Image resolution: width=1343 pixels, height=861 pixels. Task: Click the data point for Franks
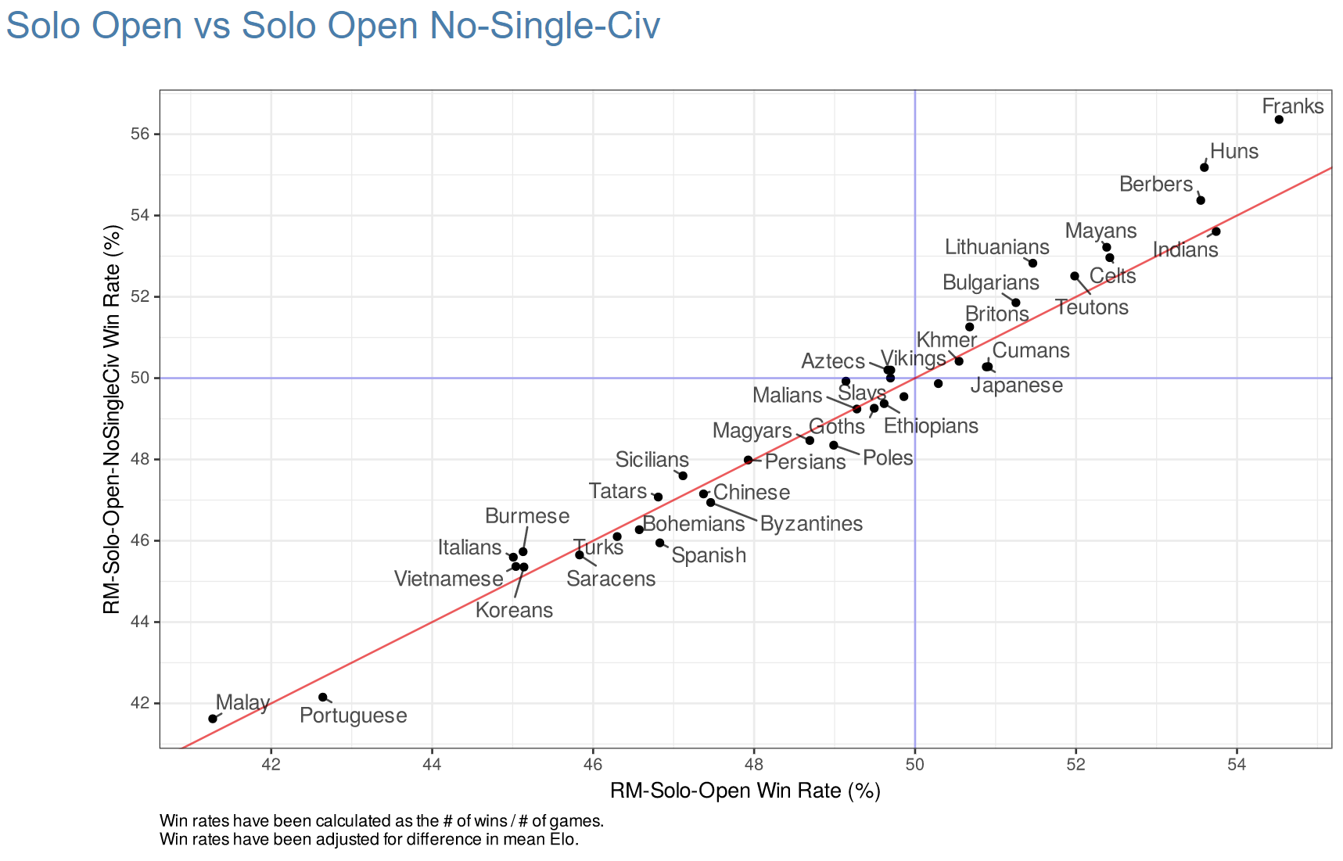click(x=1279, y=120)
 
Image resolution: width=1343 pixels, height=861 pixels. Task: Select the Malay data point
click(x=213, y=719)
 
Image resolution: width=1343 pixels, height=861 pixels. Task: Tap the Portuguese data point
click(x=323, y=697)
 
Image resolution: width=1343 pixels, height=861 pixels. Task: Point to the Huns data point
click(x=1205, y=167)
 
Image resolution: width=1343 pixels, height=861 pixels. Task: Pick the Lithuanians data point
click(x=1032, y=263)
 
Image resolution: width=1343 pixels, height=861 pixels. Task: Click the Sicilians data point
click(x=683, y=475)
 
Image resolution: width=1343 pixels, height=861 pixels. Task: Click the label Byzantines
click(x=811, y=524)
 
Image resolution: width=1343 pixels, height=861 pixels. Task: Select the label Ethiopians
click(x=931, y=426)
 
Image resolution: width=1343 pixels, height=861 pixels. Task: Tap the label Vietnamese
click(x=448, y=579)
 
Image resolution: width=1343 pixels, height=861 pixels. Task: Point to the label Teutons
click(x=1092, y=307)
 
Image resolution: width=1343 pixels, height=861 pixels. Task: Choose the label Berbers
click(x=1155, y=185)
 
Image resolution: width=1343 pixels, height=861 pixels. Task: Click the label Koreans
click(x=514, y=611)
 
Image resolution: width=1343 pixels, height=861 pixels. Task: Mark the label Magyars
click(x=752, y=431)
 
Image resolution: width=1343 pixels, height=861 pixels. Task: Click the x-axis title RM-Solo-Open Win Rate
click(x=745, y=791)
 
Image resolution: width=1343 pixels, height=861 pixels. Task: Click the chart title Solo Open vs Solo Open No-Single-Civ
click(x=333, y=26)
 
